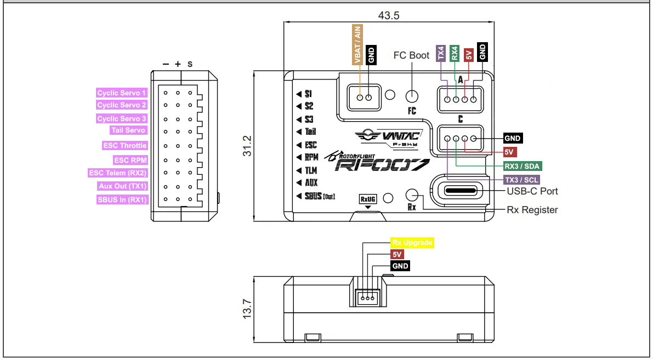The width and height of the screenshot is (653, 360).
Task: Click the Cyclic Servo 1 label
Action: tap(122, 93)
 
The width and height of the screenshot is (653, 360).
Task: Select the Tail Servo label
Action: tap(128, 130)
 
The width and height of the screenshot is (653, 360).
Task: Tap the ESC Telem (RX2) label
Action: tap(118, 173)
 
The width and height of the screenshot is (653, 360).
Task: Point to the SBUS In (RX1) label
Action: tap(122, 200)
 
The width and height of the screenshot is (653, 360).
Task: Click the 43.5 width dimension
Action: tap(388, 15)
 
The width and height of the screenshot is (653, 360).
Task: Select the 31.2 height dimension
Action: tap(247, 146)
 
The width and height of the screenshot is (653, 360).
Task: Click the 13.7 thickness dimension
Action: tap(247, 308)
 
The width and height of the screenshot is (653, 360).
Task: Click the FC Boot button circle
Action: tap(412, 96)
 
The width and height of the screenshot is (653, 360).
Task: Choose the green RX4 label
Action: tap(455, 53)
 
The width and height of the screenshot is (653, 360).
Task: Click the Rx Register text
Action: tap(532, 210)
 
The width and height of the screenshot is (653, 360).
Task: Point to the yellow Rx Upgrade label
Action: tap(412, 242)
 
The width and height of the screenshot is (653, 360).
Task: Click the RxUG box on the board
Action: tap(368, 199)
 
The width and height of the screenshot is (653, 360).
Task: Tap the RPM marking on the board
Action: tap(310, 157)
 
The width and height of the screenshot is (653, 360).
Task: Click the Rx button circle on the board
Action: tap(412, 195)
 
